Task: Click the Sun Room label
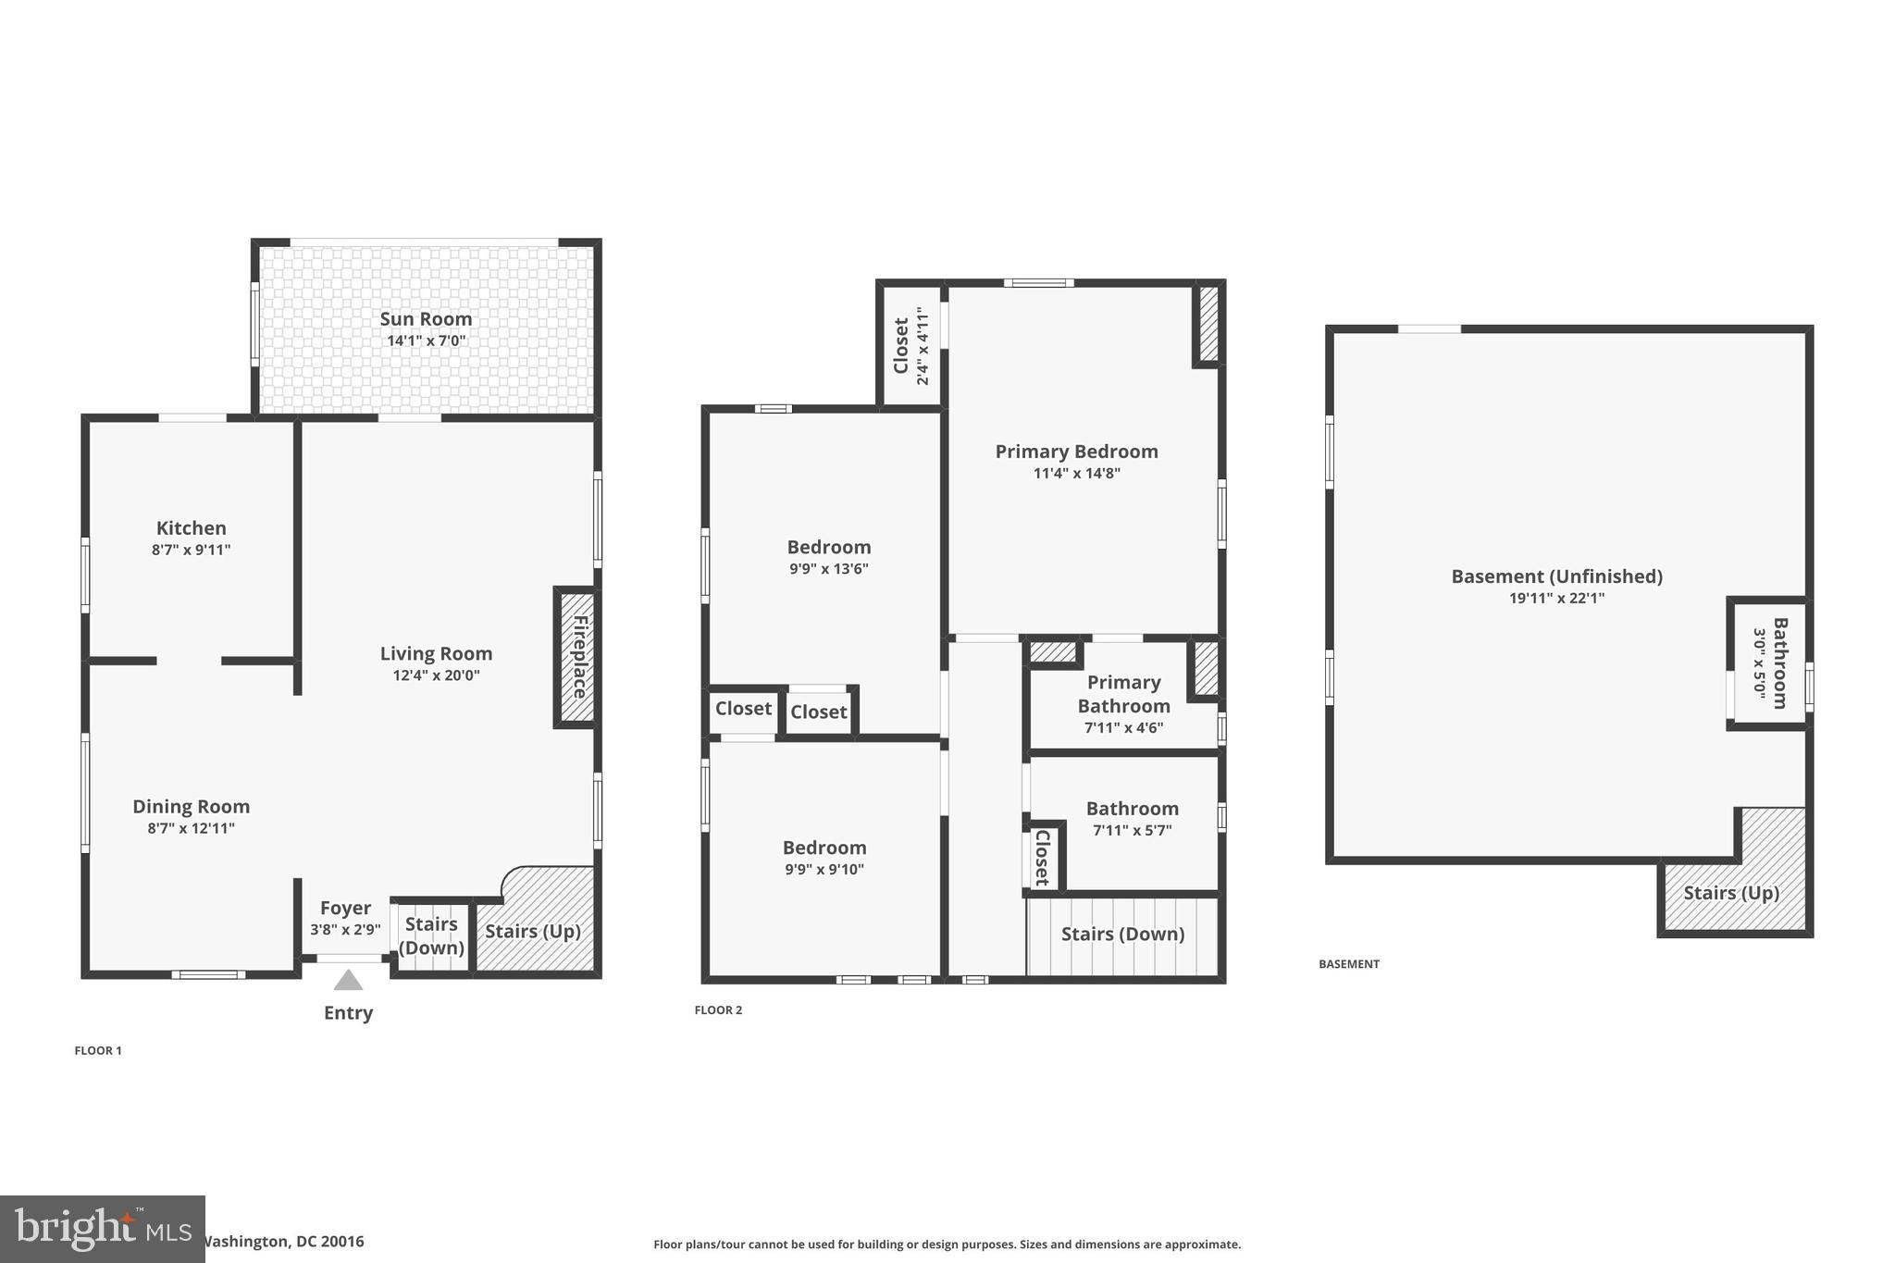tap(426, 319)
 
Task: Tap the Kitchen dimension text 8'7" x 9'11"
tap(191, 550)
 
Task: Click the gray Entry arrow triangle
tap(348, 980)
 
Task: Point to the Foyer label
tap(345, 909)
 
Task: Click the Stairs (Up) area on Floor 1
tap(533, 932)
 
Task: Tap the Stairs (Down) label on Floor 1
tap(431, 935)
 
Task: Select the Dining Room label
tap(191, 807)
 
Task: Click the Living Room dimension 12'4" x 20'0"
tap(436, 675)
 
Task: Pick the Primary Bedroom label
tap(1076, 452)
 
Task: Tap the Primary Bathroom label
tap(1123, 694)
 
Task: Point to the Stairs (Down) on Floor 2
tap(1122, 935)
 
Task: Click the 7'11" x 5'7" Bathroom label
tap(1132, 810)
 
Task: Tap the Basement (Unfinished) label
tap(1556, 577)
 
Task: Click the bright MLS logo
tap(102, 1229)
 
